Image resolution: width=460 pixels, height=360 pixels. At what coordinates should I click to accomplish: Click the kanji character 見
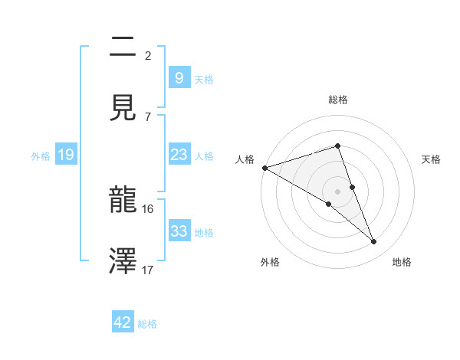[123, 108]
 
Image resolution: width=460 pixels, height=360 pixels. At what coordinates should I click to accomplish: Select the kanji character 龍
[123, 201]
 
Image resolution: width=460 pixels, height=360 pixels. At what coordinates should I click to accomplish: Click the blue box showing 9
[179, 77]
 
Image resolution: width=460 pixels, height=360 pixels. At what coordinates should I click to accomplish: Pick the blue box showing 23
[179, 155]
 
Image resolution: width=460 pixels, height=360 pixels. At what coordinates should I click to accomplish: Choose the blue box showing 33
[179, 231]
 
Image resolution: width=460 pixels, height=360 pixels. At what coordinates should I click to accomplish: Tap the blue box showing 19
[65, 155]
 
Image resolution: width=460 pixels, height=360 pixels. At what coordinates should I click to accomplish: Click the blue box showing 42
[123, 322]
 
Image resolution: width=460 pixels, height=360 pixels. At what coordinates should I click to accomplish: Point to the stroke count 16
[148, 208]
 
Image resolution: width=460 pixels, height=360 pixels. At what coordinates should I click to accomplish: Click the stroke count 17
[148, 270]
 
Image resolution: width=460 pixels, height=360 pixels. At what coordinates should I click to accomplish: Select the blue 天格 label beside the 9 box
[204, 79]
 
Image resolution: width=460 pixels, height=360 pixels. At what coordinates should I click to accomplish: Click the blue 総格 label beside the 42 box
[147, 324]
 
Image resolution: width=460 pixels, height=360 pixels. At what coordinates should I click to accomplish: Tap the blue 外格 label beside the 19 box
[41, 156]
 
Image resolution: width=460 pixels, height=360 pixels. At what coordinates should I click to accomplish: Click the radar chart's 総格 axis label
[338, 100]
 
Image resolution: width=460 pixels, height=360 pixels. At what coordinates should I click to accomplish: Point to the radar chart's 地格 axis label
[402, 262]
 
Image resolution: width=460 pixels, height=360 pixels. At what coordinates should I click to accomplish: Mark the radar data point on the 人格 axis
[264, 168]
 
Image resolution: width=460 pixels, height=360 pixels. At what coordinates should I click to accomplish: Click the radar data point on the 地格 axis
[374, 241]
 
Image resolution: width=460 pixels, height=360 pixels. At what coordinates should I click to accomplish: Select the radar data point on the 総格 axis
[338, 146]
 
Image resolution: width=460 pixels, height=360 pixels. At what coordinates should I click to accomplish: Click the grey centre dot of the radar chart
[338, 190]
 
